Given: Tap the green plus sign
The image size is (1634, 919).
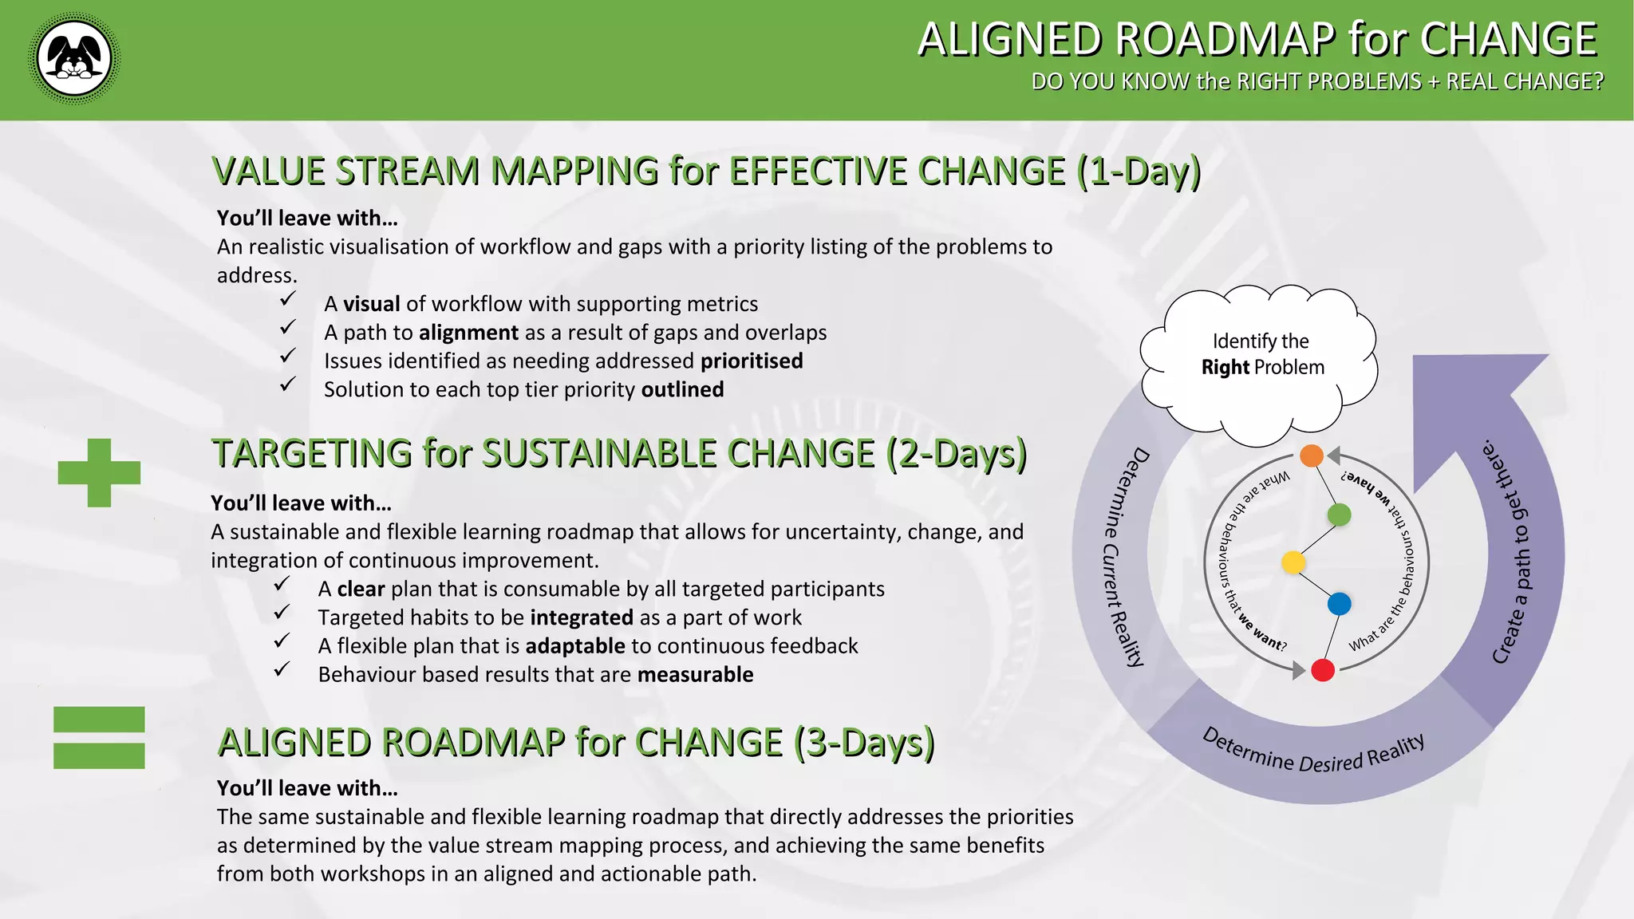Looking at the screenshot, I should tap(99, 472).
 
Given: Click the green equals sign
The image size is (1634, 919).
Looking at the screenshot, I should tap(99, 737).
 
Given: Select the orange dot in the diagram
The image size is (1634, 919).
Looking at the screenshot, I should tap(1311, 456).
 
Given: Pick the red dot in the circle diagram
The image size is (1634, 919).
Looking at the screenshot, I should tap(1322, 670).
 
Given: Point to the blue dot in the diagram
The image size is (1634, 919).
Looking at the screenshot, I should tap(1339, 603).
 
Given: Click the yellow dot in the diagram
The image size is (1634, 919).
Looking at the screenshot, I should tap(1293, 562).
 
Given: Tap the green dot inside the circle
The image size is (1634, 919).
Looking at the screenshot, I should tap(1339, 515).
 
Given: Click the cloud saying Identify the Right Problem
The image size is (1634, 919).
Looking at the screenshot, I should tap(1261, 355).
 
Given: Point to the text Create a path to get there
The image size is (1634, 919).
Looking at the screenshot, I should tap(1512, 550).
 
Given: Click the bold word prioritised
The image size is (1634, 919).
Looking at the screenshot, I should tap(752, 361).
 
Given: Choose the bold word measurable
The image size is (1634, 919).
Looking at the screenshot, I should tap(695, 675).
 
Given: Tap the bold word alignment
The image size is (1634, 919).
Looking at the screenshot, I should tap(469, 333).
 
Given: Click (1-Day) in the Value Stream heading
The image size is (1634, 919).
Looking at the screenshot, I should tap(1138, 172).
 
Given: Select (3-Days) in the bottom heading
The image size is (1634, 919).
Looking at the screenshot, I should tap(863, 743).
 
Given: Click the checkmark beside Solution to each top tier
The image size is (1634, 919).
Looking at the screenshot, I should tap(288, 385).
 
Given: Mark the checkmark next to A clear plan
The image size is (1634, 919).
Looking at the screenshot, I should tap(282, 585).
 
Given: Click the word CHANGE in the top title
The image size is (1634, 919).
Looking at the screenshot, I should tap(1508, 39).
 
